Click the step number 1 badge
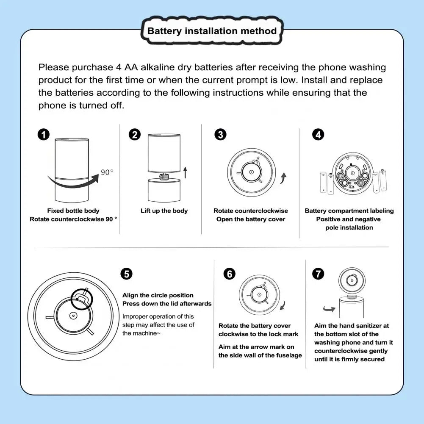click(x=43, y=135)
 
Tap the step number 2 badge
click(x=134, y=135)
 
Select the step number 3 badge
click(x=220, y=135)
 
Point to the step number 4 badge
click(x=318, y=135)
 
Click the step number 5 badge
click(x=126, y=274)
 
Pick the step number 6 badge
click(x=229, y=274)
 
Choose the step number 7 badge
click(x=318, y=274)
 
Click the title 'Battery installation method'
click(x=212, y=31)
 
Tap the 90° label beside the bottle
click(x=107, y=172)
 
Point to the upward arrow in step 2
click(x=185, y=172)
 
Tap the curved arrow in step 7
click(x=329, y=309)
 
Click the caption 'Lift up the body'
click(x=164, y=211)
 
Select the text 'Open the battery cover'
click(x=251, y=219)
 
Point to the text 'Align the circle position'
click(x=158, y=295)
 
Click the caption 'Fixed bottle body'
click(x=73, y=211)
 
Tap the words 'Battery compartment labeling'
click(x=349, y=211)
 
